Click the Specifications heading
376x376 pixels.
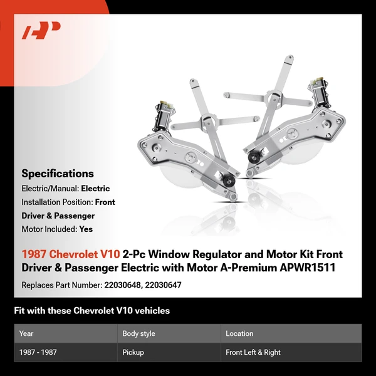pos(58,174)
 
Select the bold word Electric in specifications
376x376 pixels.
pos(95,189)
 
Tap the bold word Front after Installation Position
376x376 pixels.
pos(105,202)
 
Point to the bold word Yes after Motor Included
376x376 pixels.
pos(86,229)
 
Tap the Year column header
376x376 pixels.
pos(26,334)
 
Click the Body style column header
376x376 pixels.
pos(138,334)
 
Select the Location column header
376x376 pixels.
pos(239,334)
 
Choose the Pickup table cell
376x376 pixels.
pos(133,352)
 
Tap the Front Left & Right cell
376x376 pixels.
pos(253,352)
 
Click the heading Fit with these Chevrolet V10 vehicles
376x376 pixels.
pos(91,311)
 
